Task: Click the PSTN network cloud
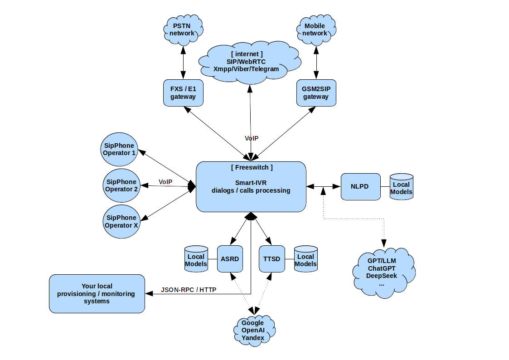tap(183, 29)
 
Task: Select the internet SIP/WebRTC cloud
tap(249, 62)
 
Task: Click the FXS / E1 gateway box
tap(183, 93)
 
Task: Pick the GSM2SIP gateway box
tap(316, 93)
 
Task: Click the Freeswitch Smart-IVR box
tap(251, 186)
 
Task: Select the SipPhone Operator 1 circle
tap(119, 149)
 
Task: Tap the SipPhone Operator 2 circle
tap(121, 185)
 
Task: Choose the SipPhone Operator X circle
tap(121, 221)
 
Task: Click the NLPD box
tap(360, 186)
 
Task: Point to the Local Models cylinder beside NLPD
tap(402, 187)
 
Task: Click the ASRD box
tap(230, 259)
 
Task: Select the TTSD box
tap(271, 259)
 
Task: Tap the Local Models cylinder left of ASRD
tap(196, 259)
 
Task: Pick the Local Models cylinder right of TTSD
tap(306, 259)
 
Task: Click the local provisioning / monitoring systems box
tap(97, 294)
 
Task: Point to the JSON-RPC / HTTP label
tap(189, 290)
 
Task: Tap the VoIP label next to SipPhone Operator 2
tap(165, 182)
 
